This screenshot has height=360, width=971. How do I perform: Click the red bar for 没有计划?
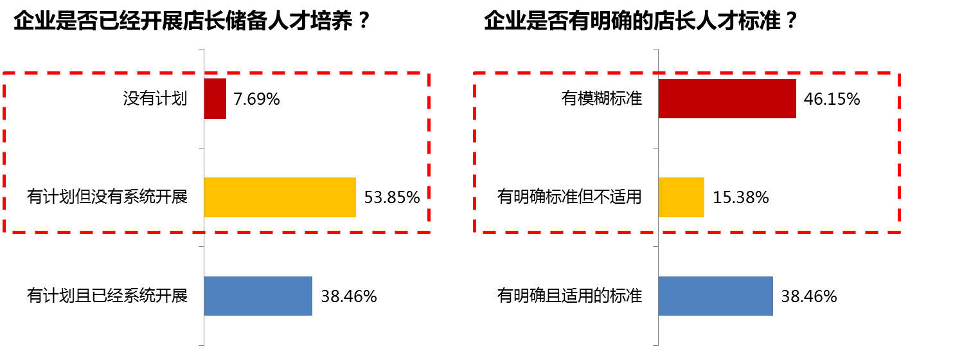[x=215, y=99]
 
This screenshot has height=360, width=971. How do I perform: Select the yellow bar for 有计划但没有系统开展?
[x=280, y=197]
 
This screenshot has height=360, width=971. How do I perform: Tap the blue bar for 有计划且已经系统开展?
[x=258, y=296]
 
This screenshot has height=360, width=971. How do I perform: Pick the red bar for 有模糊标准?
[x=727, y=99]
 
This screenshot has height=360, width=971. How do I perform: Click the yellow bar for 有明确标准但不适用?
[x=681, y=197]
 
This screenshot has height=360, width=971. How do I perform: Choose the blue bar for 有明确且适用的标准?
[x=715, y=296]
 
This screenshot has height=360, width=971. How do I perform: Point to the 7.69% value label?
[x=256, y=100]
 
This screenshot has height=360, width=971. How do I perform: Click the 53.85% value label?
[x=392, y=197]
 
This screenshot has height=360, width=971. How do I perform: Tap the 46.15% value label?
[x=832, y=100]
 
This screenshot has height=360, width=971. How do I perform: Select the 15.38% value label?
[x=741, y=197]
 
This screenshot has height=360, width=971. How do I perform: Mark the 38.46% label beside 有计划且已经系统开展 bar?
[x=349, y=296]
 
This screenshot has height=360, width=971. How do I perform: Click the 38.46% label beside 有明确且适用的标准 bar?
[x=809, y=296]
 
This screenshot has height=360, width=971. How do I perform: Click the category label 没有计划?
[x=156, y=99]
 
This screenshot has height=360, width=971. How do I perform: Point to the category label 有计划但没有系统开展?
[x=107, y=197]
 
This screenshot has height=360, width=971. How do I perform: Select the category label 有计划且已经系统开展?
[x=107, y=296]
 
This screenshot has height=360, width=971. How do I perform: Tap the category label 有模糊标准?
[x=601, y=99]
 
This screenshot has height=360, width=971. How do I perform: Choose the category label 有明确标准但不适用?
[x=569, y=197]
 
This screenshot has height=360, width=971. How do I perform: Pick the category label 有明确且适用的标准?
[x=569, y=296]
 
